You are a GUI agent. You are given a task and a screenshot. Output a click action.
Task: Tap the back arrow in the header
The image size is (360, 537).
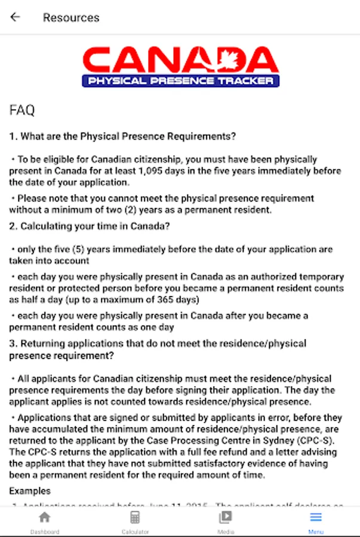point(15,17)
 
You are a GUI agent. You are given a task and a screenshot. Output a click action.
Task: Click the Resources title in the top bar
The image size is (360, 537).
point(71,17)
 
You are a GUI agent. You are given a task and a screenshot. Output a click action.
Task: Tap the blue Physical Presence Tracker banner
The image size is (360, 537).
point(180,81)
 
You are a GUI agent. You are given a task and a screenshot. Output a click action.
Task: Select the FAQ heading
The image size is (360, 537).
point(22,110)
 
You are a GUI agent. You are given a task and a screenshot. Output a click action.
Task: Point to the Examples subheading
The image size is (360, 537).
point(30,490)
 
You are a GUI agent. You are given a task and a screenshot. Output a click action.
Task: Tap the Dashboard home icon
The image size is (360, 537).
point(45,517)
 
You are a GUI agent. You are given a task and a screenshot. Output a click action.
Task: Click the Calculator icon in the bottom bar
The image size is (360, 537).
point(135,517)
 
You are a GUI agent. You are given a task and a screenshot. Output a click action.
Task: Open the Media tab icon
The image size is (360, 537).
point(225,517)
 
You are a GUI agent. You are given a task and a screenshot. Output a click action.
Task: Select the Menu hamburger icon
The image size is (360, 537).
point(316,517)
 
